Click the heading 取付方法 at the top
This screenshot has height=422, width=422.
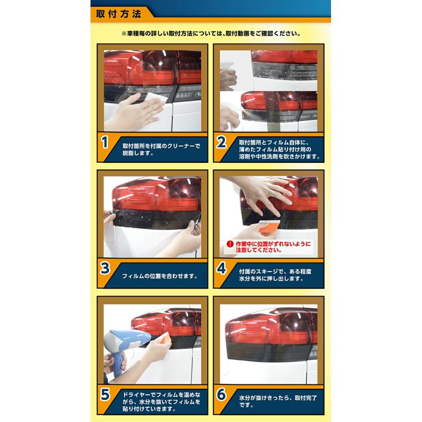tap(119, 14)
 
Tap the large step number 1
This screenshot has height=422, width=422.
tap(105, 142)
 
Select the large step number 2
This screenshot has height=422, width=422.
tap(221, 142)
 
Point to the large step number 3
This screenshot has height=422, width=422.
tap(105, 268)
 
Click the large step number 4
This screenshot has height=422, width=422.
tap(221, 268)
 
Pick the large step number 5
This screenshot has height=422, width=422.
tap(105, 394)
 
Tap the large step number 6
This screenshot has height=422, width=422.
tap(221, 394)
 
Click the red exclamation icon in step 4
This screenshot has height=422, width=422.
tap(230, 244)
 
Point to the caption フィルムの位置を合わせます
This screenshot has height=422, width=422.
tap(160, 276)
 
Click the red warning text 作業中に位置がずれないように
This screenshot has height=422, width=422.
tap(273, 244)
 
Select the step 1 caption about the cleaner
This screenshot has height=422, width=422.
tap(161, 150)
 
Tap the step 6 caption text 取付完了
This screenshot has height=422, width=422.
tap(306, 398)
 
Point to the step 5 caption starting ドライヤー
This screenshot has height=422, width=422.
tap(161, 401)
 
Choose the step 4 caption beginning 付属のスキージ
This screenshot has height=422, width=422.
tap(275, 275)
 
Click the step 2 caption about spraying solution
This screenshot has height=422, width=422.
tap(279, 150)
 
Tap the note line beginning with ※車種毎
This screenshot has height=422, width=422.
tap(211, 34)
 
